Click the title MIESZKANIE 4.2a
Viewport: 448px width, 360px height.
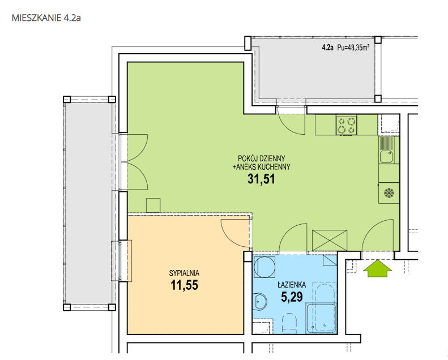click(46, 18)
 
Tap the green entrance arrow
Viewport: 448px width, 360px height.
click(377, 268)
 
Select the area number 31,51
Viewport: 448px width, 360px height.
click(261, 179)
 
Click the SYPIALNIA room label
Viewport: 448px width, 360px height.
click(184, 273)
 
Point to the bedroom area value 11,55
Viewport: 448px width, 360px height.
click(184, 285)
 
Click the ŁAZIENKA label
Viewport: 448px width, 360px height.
click(292, 285)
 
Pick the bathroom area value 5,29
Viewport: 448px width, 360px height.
click(292, 297)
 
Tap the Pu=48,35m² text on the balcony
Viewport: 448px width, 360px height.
click(353, 48)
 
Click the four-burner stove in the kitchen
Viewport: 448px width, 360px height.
click(346, 125)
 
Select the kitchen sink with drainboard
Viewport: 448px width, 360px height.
click(386, 150)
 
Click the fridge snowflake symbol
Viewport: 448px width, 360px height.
click(389, 193)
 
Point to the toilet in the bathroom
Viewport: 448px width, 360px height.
click(289, 323)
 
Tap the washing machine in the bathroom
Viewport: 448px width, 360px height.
click(264, 267)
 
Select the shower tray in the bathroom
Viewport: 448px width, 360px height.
click(321, 319)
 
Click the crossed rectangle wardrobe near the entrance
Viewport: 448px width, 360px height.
click(330, 241)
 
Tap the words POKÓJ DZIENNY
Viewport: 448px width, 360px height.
click(262, 158)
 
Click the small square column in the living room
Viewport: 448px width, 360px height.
click(153, 205)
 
